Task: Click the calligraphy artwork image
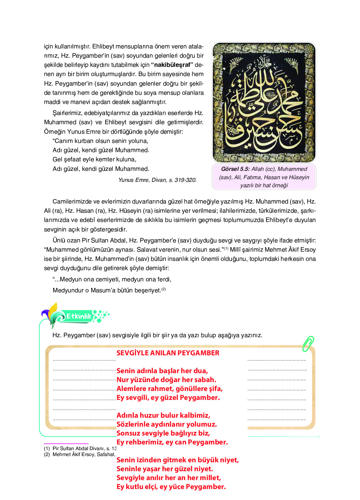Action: tap(264, 102)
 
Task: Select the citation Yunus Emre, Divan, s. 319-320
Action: tap(157, 180)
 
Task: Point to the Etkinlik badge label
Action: tap(78, 316)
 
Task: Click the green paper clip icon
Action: tap(308, 344)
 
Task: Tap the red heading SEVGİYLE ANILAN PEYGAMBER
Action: tap(168, 353)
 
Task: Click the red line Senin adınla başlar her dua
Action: tap(162, 371)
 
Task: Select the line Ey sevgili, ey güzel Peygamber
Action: tap(168, 398)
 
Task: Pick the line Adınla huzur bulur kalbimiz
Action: tap(163, 415)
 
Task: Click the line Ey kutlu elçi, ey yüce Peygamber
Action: tap(171, 487)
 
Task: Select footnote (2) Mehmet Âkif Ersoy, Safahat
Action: tap(80, 455)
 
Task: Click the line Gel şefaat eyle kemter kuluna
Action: tap(94, 160)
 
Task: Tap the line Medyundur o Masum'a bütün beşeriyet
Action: tap(107, 290)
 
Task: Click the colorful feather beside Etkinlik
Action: tap(51, 313)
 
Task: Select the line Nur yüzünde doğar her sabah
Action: tap(166, 380)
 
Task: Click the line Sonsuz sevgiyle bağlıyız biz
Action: tap(163, 433)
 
